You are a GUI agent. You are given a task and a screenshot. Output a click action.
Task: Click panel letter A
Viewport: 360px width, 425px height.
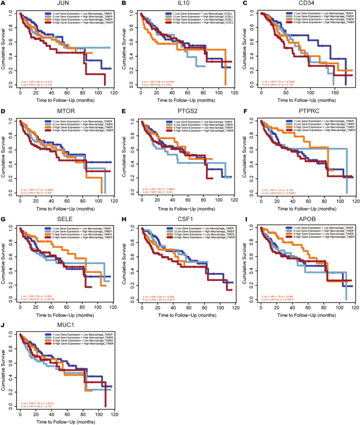(4, 4)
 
